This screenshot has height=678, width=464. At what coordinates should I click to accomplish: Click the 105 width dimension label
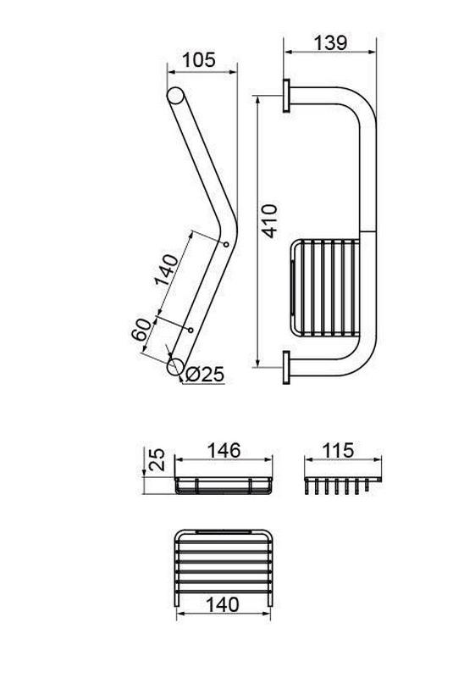pyautogui.click(x=199, y=59)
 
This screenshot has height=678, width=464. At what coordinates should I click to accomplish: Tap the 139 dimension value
pyautogui.click(x=330, y=43)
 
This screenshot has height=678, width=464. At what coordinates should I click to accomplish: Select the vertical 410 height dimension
pyautogui.click(x=270, y=221)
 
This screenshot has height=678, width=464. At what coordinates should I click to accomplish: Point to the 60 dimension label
pyautogui.click(x=141, y=331)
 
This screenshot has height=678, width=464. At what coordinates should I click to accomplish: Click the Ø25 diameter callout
pyautogui.click(x=205, y=375)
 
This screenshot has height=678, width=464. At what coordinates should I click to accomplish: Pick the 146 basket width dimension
pyautogui.click(x=224, y=451)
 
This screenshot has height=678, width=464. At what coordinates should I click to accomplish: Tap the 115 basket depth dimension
pyautogui.click(x=338, y=450)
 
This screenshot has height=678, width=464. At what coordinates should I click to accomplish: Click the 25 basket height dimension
pyautogui.click(x=157, y=459)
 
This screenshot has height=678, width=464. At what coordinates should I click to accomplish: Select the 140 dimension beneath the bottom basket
pyautogui.click(x=223, y=604)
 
